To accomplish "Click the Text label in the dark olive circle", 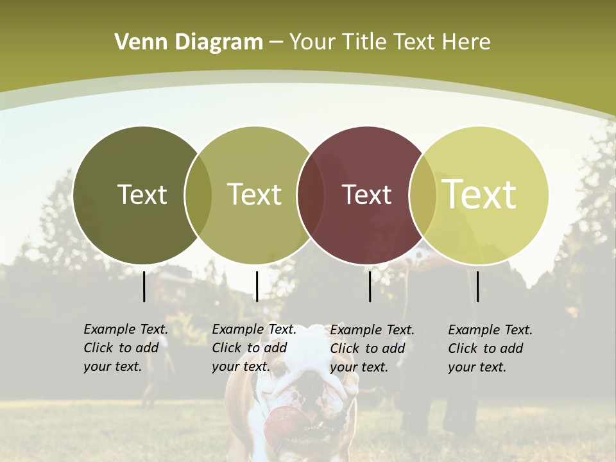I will click(142, 194).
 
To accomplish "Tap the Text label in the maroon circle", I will click(366, 194).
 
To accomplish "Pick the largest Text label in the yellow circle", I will click(479, 194).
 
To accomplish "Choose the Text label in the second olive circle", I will click(254, 194).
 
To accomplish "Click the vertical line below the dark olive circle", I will click(144, 286).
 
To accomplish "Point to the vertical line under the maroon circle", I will click(370, 286).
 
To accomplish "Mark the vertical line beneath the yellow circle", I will click(477, 286).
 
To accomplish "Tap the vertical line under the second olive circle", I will click(257, 286).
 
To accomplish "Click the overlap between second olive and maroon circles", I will click(311, 195).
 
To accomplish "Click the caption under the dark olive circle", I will click(126, 348).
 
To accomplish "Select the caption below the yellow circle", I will click(490, 348).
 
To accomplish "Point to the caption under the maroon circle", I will click(372, 348).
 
